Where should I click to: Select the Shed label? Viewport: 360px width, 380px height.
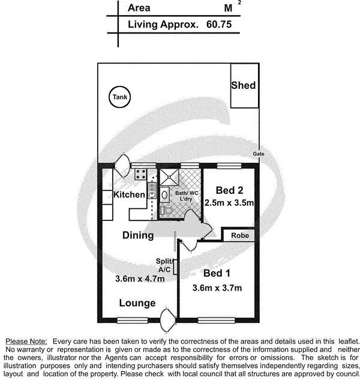(x=243, y=85)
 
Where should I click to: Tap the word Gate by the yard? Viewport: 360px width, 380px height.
(x=259, y=154)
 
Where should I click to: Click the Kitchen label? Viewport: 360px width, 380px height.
(x=129, y=195)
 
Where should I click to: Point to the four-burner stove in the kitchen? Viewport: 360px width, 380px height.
(x=141, y=175)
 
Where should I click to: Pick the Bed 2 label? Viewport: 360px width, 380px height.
(x=229, y=190)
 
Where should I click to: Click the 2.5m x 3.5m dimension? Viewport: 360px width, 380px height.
(x=229, y=204)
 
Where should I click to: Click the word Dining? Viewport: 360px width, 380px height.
(x=138, y=235)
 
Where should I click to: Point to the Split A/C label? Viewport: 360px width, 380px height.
(x=164, y=265)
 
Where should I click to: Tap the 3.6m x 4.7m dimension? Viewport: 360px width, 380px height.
(x=139, y=278)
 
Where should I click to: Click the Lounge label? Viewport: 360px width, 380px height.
(x=137, y=303)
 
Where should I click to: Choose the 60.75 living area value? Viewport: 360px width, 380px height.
(x=218, y=25)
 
